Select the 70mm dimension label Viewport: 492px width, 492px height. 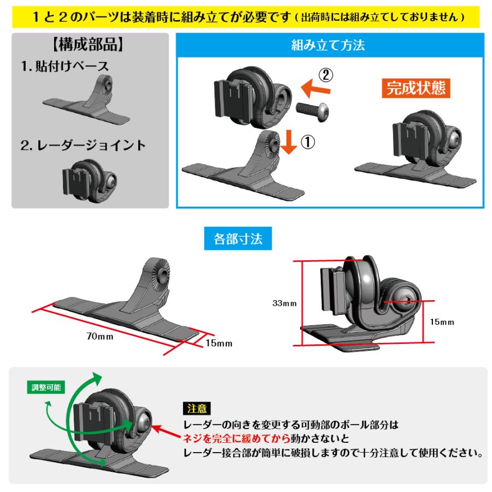pos(99,336)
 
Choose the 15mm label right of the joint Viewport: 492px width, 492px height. pos(442,323)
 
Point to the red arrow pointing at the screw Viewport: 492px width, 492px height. pos(166,429)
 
